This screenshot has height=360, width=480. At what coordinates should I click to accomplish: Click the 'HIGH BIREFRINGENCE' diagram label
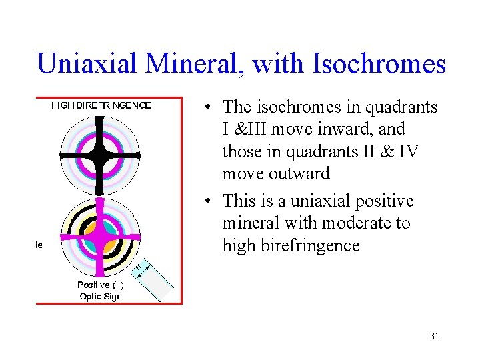tap(101, 105)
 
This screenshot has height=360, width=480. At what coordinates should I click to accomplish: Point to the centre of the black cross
tap(100, 155)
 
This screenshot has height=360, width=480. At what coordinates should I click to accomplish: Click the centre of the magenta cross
tap(100, 237)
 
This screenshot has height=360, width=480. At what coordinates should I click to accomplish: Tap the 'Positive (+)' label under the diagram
tap(101, 285)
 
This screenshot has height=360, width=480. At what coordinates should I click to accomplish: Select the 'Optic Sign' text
tap(101, 296)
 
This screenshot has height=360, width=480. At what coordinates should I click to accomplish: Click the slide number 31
tap(434, 336)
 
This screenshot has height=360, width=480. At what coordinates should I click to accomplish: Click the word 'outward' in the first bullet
tap(298, 173)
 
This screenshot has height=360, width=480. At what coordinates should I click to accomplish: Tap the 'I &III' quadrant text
tap(247, 129)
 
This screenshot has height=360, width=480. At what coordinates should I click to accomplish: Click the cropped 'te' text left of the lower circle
tap(39, 245)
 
